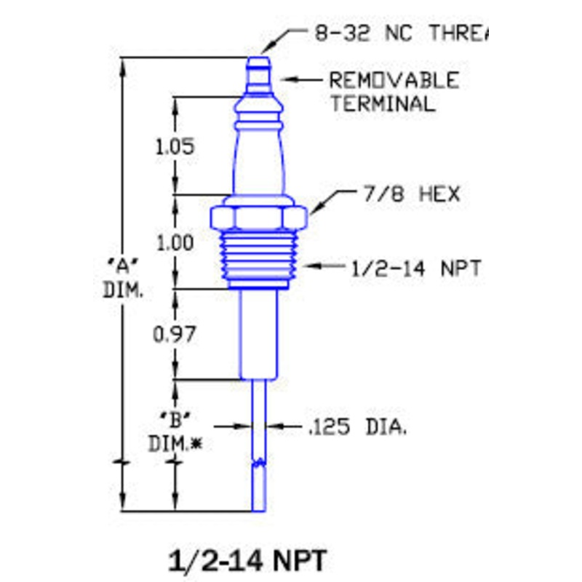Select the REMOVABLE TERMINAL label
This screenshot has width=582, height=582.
point(394,91)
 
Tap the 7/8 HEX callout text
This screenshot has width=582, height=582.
point(410,195)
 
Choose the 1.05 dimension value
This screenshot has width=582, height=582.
point(175,147)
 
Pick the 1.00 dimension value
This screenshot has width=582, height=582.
point(175,243)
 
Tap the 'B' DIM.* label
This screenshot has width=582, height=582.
point(175,429)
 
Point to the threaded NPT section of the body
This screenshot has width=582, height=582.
point(260,258)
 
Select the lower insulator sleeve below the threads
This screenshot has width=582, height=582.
point(259,335)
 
